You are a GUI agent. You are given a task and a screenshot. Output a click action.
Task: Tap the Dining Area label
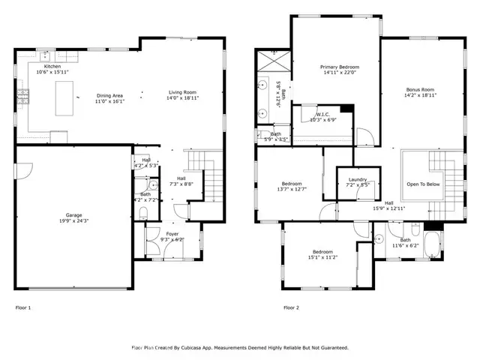point(109,94)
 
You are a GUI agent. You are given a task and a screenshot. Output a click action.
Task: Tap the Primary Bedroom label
point(335,68)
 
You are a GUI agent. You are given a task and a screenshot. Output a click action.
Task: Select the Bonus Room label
point(420,89)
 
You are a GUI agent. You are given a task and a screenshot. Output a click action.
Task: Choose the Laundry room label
point(357,179)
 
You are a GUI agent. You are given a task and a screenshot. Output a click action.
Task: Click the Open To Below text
point(424,184)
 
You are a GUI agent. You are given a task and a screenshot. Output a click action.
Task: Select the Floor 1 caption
point(24,307)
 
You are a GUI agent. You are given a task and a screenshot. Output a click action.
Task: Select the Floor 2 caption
point(291,307)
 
